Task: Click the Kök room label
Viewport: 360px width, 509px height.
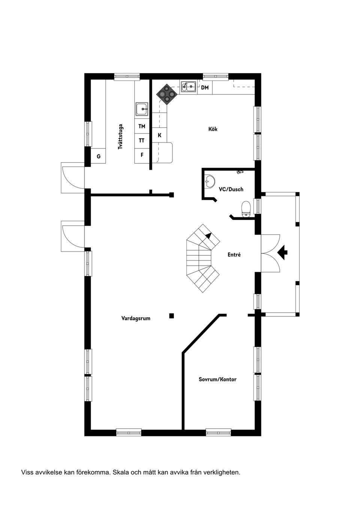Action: point(213,129)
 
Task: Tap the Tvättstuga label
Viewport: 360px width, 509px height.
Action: point(120,137)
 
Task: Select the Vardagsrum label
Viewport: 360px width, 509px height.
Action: point(136,318)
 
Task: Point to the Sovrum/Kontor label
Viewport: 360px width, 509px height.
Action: point(217,379)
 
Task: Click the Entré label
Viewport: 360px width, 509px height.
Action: point(234,254)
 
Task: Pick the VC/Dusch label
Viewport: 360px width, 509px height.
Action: point(231,189)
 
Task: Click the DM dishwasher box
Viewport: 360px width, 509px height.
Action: point(205,88)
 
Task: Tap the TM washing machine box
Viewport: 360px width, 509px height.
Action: point(142,126)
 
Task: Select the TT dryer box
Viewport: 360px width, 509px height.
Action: point(142,141)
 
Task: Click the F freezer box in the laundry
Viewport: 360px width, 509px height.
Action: point(142,154)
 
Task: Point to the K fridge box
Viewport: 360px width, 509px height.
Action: point(159,135)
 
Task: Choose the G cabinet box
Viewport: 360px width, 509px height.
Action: point(99,156)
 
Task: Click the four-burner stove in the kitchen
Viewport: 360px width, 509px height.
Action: point(166,94)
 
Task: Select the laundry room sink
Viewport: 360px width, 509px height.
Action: point(142,109)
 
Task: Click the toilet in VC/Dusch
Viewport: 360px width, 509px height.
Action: point(246,209)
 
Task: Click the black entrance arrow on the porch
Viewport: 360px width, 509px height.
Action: point(283,252)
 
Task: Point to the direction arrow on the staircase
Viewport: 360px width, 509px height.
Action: point(208,236)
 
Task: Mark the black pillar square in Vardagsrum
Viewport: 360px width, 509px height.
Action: point(171,316)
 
